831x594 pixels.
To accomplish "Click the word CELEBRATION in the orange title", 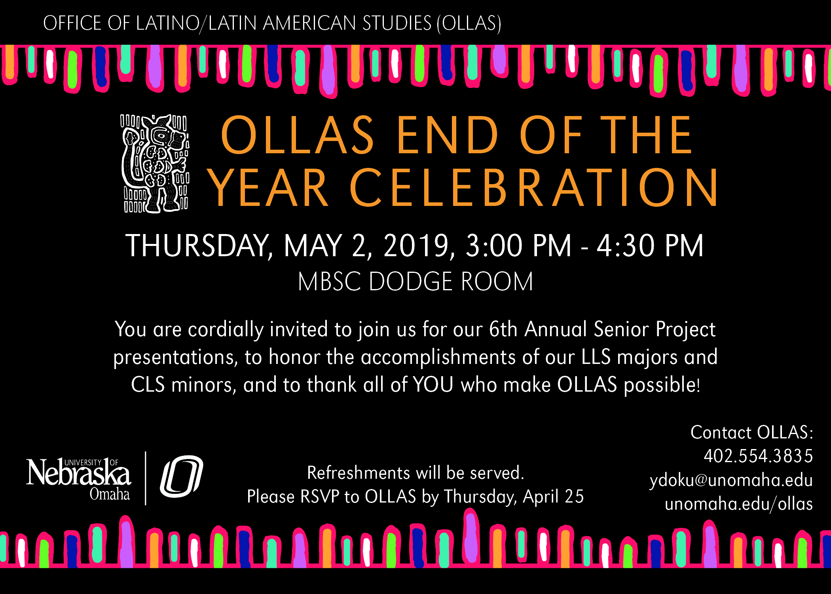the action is (x=534, y=187).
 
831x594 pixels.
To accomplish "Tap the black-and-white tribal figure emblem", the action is (x=155, y=164).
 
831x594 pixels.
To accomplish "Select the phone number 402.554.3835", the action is (x=758, y=456).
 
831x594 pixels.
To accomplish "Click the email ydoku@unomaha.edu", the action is (x=731, y=480).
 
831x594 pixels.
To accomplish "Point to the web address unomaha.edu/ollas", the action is (x=739, y=504).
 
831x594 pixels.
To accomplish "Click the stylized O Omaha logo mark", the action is (x=182, y=476).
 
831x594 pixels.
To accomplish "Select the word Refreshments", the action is (x=359, y=473).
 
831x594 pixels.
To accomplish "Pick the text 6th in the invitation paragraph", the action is (x=503, y=329).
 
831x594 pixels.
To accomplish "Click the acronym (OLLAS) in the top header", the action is (x=469, y=23).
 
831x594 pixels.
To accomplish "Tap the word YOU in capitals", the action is (x=433, y=385).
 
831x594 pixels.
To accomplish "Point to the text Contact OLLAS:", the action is (x=752, y=432).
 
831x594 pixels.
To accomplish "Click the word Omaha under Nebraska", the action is (x=110, y=494).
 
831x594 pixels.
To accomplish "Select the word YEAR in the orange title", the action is (x=268, y=187).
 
